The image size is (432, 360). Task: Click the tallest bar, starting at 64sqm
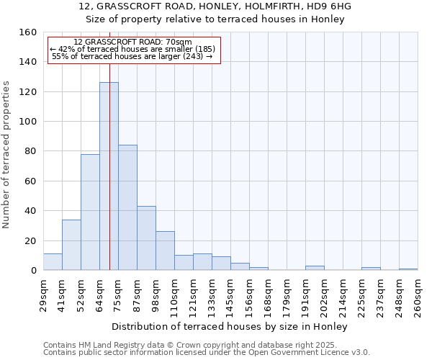(x=109, y=176)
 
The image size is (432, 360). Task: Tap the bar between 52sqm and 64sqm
(x=90, y=212)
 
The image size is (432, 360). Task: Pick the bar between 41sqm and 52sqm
(x=71, y=245)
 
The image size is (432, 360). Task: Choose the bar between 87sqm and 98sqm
(x=146, y=238)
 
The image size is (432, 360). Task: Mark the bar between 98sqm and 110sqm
(x=165, y=251)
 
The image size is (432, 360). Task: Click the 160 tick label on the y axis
(x=28, y=32)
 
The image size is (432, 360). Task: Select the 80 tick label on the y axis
(x=30, y=151)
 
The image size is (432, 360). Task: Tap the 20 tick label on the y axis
(x=30, y=240)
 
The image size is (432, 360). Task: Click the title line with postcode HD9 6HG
(x=215, y=6)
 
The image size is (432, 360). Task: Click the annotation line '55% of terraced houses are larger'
(x=132, y=56)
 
